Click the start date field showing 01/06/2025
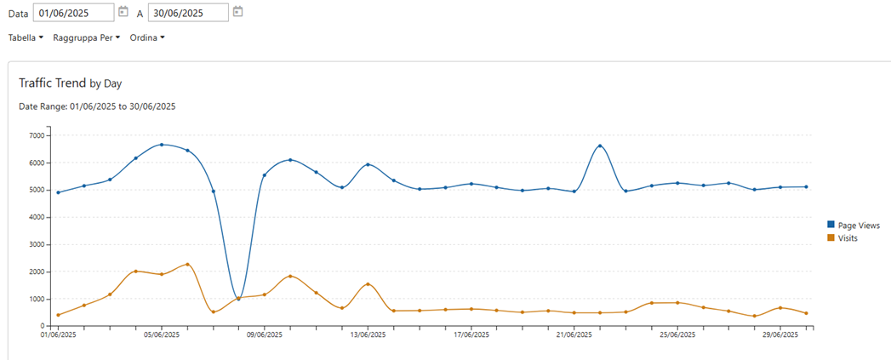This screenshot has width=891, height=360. (x=74, y=13)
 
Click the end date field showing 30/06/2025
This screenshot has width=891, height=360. (x=188, y=13)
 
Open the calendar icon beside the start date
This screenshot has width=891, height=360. (x=123, y=12)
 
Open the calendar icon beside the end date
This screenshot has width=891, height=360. (x=238, y=12)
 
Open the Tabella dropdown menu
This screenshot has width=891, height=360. (x=26, y=37)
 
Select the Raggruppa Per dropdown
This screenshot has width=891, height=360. (x=86, y=37)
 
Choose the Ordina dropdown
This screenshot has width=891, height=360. (x=147, y=37)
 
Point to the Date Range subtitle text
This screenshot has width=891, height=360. (x=97, y=106)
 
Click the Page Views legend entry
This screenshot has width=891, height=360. (x=857, y=225)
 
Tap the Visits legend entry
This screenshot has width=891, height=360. (x=847, y=238)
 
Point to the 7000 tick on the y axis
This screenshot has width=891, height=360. (x=37, y=135)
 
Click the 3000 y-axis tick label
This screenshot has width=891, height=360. (x=37, y=244)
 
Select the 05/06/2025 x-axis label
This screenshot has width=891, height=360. (x=161, y=335)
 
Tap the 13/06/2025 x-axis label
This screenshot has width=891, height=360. (x=368, y=335)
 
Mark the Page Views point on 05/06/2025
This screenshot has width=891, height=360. (x=162, y=145)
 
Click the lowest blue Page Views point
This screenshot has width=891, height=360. (x=238, y=299)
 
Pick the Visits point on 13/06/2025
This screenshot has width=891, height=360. (x=368, y=284)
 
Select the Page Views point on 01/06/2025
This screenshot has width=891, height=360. (x=58, y=192)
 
